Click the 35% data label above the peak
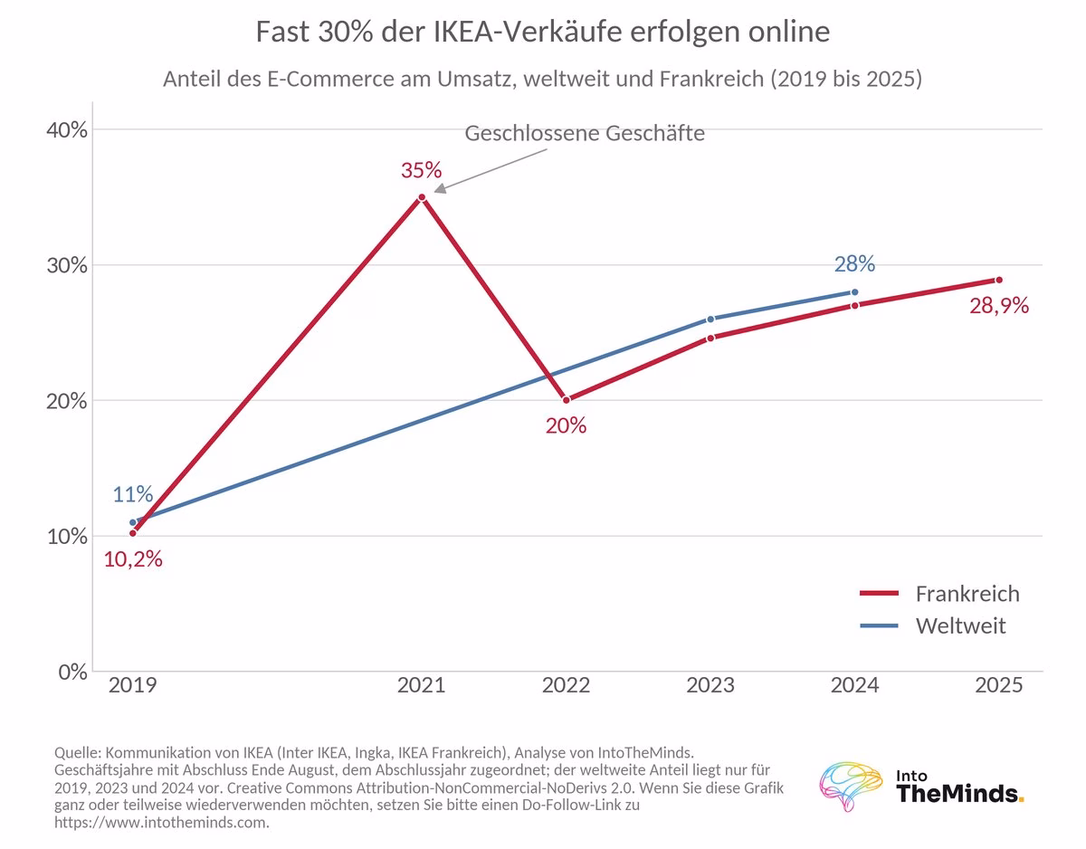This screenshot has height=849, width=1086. tap(421, 170)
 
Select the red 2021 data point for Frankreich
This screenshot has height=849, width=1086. tap(422, 197)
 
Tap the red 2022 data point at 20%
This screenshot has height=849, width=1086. tap(567, 400)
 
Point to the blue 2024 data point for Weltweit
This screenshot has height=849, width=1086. tap(854, 292)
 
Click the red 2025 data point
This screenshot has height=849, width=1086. tap(999, 280)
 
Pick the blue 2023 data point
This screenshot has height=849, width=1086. tap(710, 320)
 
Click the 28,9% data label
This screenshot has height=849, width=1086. tap(999, 306)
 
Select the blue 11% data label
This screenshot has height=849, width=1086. tap(132, 494)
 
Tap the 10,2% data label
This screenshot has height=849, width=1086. tap(133, 559)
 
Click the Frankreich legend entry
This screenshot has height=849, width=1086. tap(939, 594)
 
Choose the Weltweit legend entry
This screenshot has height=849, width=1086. tap(932, 625)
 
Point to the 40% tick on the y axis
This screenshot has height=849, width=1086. tap(67, 130)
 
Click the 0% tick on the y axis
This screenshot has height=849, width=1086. tap(73, 673)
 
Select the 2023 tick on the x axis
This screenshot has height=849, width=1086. tap(710, 685)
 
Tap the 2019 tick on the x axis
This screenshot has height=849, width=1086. tap(132, 685)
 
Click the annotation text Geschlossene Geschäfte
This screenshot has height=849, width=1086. tap(585, 133)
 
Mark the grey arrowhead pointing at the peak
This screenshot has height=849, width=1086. tap(440, 188)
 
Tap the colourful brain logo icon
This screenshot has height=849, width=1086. tap(851, 786)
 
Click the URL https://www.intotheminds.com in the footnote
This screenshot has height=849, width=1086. tap(160, 822)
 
